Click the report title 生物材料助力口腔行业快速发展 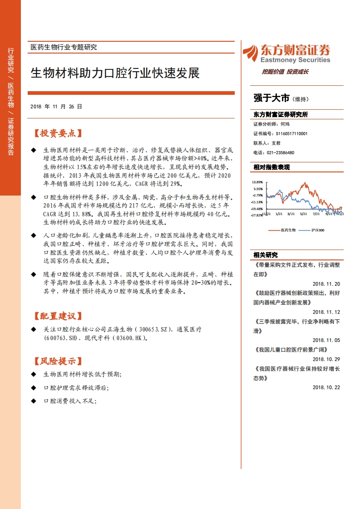[115, 73]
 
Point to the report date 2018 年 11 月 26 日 [56, 107]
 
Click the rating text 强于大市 [271, 98]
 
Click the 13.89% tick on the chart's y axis [258, 182]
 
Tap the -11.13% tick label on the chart [257, 202]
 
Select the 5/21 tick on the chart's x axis [304, 214]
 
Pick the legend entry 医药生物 [288, 230]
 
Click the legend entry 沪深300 [318, 230]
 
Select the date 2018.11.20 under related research [326, 284]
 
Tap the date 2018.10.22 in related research [326, 387]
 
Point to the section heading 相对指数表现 [271, 167]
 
